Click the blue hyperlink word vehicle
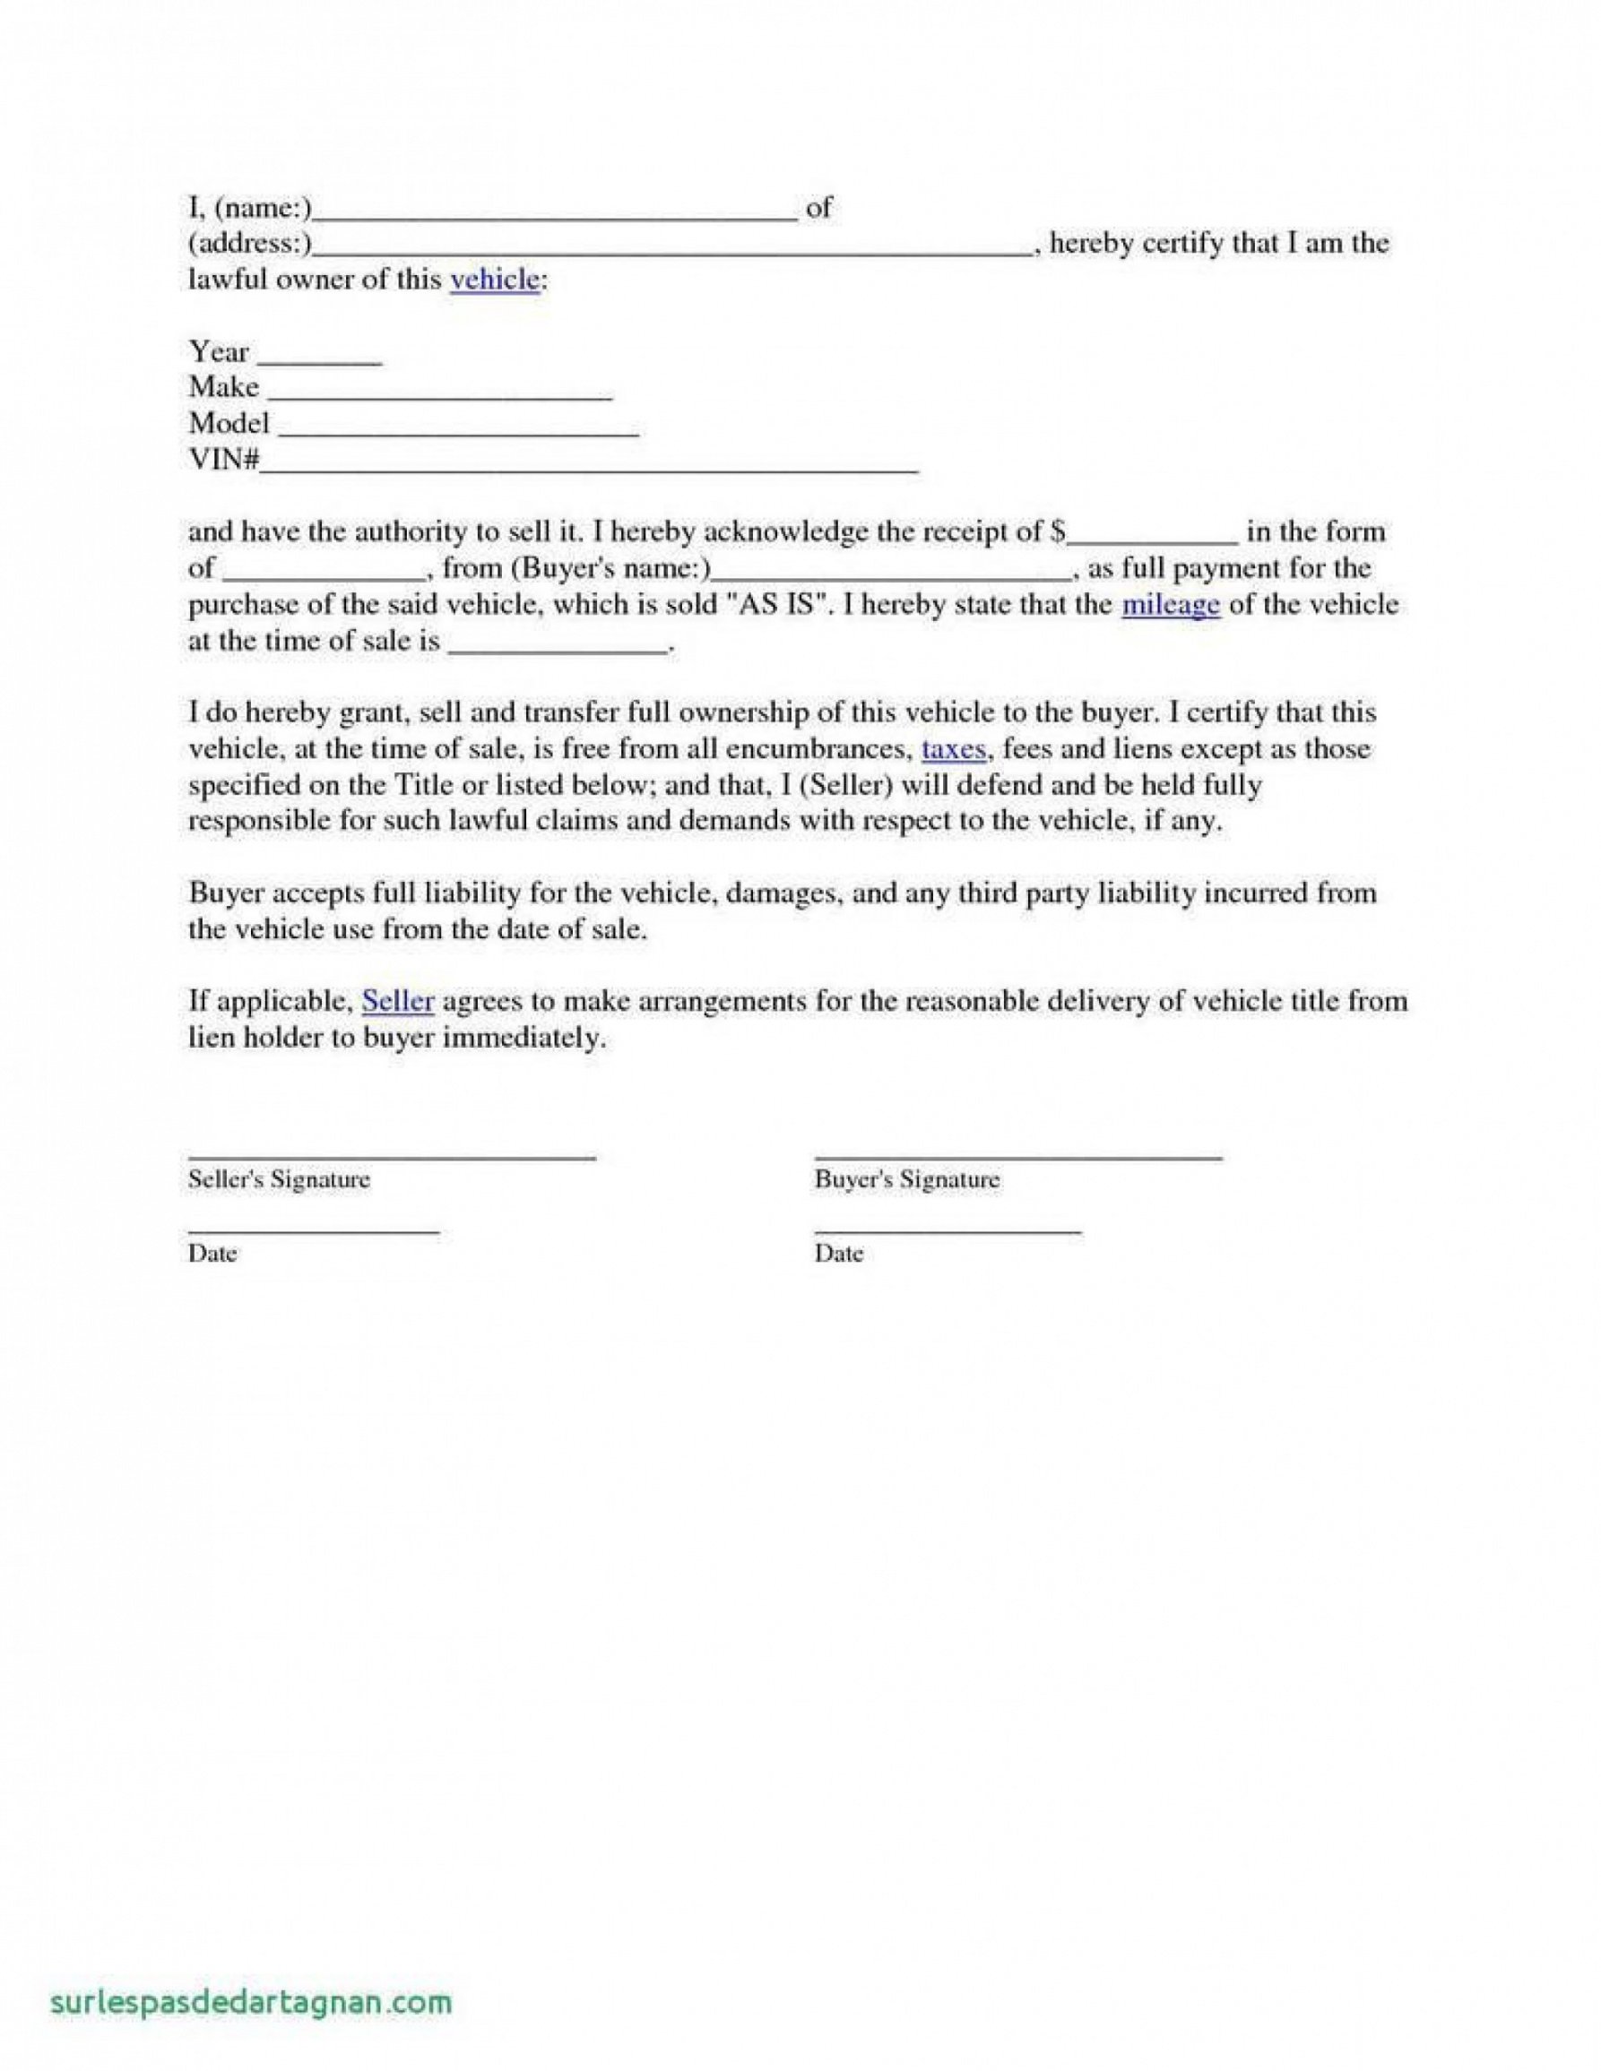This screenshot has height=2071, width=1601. [494, 280]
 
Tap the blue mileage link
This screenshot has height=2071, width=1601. [1170, 605]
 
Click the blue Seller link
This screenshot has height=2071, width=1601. [398, 1001]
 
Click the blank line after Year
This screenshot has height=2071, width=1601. [320, 361]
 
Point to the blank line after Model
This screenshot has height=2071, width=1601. [459, 434]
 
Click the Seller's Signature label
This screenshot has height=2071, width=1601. [279, 1179]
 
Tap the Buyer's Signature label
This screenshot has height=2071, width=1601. [907, 1179]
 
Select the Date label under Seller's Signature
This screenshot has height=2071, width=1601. [212, 1254]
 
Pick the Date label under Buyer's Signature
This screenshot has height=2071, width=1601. [838, 1254]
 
